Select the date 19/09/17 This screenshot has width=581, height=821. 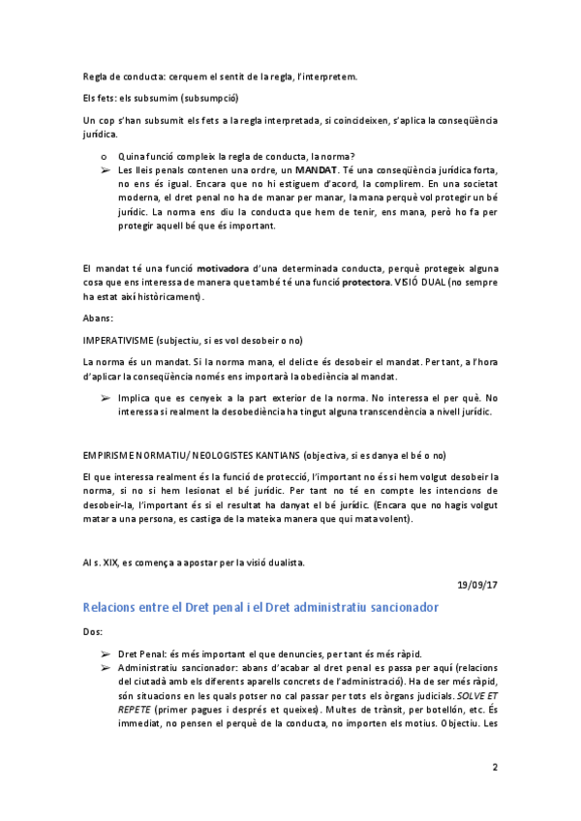pyautogui.click(x=478, y=583)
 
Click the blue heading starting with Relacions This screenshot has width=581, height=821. pyautogui.click(x=260, y=607)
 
